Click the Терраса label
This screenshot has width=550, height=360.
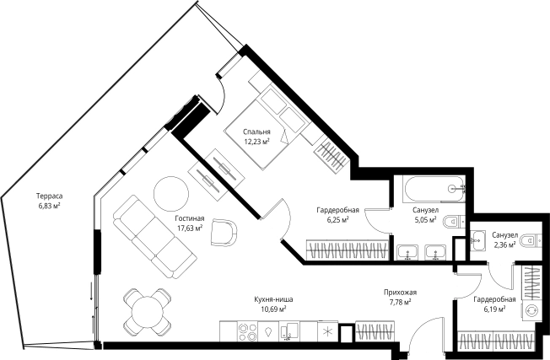pyautogui.click(x=49, y=196)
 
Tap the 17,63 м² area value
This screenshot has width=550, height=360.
pyautogui.click(x=190, y=228)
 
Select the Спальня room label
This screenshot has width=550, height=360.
pyautogui.click(x=256, y=132)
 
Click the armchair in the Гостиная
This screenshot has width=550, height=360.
pyautogui.click(x=224, y=232)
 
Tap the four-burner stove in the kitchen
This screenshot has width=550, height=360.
pyautogui.click(x=247, y=331)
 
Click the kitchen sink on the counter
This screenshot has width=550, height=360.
pyautogui.click(x=289, y=331)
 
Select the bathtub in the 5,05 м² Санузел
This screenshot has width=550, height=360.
pyautogui.click(x=434, y=189)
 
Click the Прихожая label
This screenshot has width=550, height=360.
pyautogui.click(x=400, y=292)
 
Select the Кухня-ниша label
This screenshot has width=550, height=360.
pyautogui.click(x=273, y=299)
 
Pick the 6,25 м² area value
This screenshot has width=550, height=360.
pyautogui.click(x=337, y=219)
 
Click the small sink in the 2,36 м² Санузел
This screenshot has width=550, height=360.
pyautogui.click(x=477, y=240)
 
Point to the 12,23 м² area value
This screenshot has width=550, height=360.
pyautogui.click(x=256, y=142)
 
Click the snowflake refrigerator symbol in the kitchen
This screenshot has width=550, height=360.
pyautogui.click(x=327, y=331)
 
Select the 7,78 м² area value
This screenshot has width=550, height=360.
pyautogui.click(x=400, y=302)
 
